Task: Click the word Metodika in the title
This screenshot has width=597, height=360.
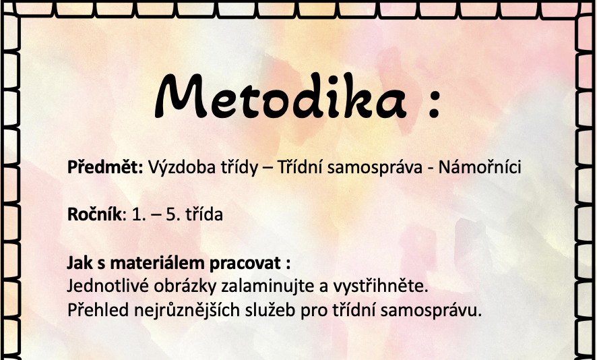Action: click(x=281, y=96)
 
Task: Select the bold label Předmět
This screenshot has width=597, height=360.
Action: click(x=105, y=167)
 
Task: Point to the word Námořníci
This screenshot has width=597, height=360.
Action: click(x=479, y=167)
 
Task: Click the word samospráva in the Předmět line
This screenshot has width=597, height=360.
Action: click(x=375, y=168)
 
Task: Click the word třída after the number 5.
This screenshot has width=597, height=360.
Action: click(x=204, y=214)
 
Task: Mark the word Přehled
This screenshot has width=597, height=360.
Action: click(x=98, y=310)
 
